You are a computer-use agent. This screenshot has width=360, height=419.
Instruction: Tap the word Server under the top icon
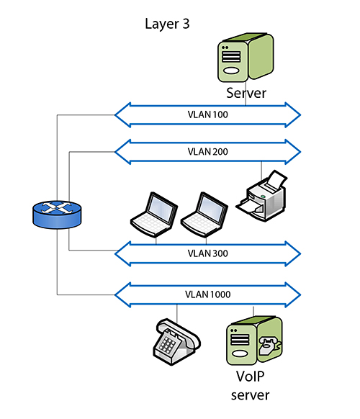(x=246, y=94)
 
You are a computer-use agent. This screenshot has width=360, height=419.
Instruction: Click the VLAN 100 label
(x=207, y=114)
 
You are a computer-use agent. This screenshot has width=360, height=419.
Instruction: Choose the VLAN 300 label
(x=207, y=253)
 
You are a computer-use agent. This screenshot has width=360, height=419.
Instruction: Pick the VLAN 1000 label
(x=207, y=293)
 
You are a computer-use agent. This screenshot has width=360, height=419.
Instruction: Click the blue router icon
(x=56, y=214)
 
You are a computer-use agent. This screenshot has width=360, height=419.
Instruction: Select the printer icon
(x=262, y=195)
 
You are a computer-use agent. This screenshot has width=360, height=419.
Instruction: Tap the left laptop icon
(x=151, y=214)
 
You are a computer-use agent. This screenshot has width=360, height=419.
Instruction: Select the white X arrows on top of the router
(x=56, y=208)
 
